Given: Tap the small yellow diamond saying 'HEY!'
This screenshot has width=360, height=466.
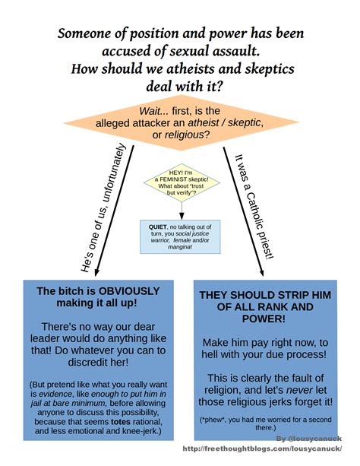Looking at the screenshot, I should coord(178,182).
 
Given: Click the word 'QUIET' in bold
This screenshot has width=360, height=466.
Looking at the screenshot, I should coord(158,227).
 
